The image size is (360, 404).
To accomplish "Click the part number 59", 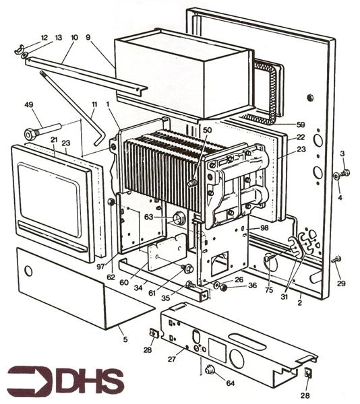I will pyautogui.click(x=300, y=125).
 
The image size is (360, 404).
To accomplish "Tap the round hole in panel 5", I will pyautogui.click(x=28, y=271).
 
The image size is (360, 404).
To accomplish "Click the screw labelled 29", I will pyautogui.click(x=336, y=259).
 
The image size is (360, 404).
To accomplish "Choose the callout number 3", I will pyautogui.click(x=342, y=154).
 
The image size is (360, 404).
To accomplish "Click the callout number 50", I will pyautogui.click(x=207, y=129).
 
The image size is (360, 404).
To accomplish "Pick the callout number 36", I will pyautogui.click(x=251, y=285).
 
